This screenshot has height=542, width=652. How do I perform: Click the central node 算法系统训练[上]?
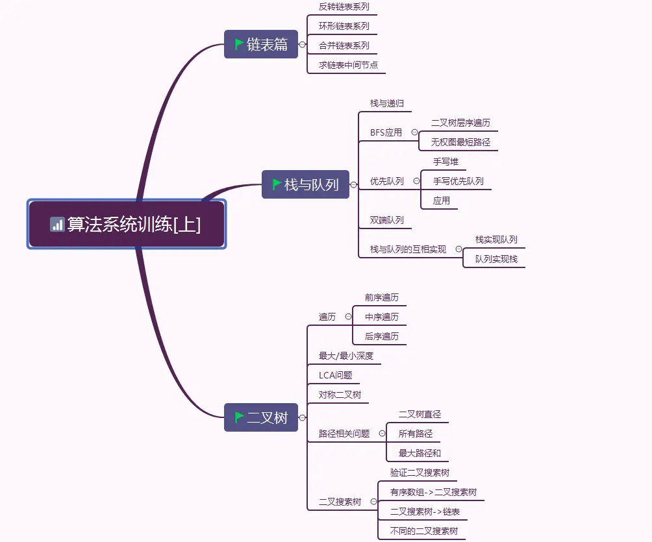(127, 225)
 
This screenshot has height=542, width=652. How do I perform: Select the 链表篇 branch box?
(261, 45)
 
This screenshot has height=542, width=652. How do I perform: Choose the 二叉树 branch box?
(261, 417)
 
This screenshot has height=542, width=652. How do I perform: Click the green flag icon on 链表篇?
(239, 44)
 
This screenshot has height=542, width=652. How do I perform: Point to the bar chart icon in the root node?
(57, 225)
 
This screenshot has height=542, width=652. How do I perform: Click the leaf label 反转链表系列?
(344, 6)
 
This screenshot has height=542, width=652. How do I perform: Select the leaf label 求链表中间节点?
(348, 65)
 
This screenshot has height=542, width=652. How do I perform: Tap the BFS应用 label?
(386, 132)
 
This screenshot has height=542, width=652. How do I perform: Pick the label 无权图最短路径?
(460, 142)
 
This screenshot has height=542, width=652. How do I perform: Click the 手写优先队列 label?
(458, 181)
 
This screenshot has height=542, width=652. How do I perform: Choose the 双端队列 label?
(387, 220)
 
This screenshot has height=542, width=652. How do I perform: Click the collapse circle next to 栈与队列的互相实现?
(458, 249)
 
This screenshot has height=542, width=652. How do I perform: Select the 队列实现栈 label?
(496, 259)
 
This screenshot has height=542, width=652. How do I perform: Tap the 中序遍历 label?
(382, 317)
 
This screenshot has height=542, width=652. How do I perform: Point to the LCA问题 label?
(336, 375)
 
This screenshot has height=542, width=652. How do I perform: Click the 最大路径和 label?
(420, 453)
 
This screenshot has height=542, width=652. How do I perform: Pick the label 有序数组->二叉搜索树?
(433, 492)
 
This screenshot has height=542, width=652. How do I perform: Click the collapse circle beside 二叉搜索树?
(373, 502)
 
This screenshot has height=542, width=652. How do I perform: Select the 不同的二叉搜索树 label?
(424, 531)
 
